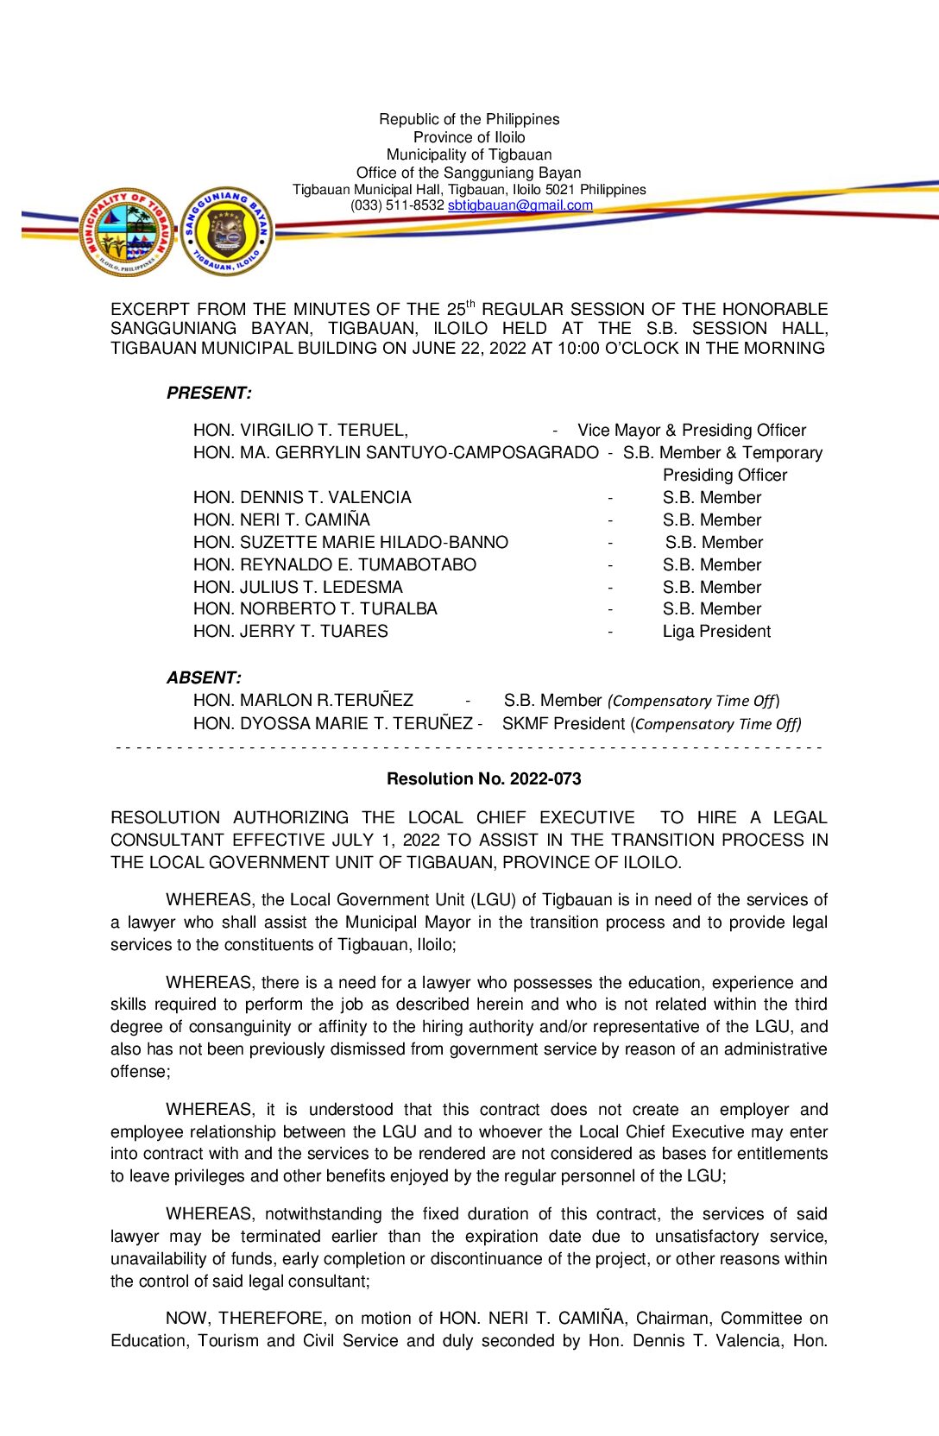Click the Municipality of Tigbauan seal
(x=128, y=231)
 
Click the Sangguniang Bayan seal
(x=227, y=231)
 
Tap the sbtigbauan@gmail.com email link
(x=520, y=205)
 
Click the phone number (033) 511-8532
(x=397, y=205)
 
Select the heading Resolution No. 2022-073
(x=483, y=778)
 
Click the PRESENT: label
(x=209, y=393)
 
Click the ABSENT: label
(x=204, y=677)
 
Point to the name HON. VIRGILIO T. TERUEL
(x=300, y=430)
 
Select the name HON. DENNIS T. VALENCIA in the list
(x=302, y=497)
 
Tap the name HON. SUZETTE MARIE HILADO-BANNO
(x=350, y=542)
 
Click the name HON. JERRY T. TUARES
(x=290, y=631)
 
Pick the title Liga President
(x=716, y=631)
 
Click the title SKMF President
(x=564, y=723)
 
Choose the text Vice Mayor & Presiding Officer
(x=691, y=430)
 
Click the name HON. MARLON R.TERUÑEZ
(x=303, y=700)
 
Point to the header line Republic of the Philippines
(x=469, y=119)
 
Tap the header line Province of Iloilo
(x=469, y=137)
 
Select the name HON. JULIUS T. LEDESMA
(x=298, y=587)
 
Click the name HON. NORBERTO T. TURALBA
(x=315, y=608)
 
